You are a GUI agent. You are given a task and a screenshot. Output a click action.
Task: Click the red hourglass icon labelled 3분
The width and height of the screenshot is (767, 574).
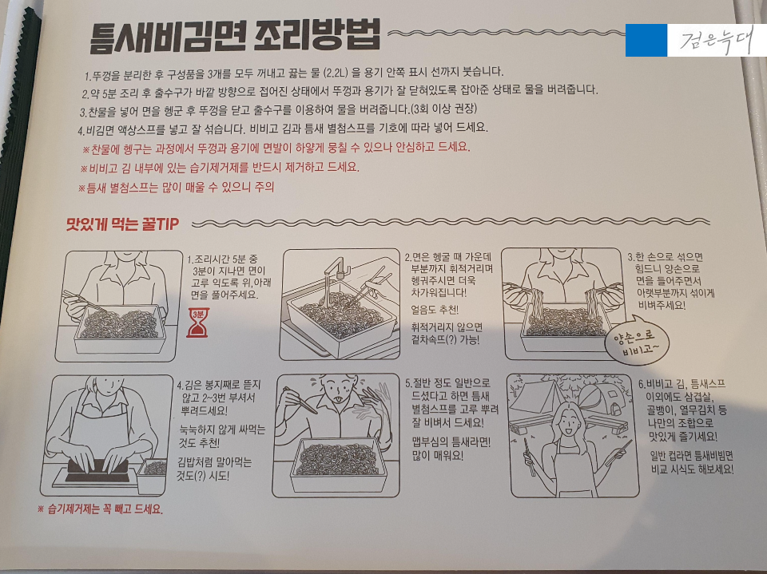coord(198,323)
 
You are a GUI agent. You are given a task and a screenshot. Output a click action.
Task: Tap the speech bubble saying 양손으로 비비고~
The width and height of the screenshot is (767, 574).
coord(635,341)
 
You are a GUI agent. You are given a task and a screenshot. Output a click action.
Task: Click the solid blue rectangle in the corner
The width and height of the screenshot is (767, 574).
coord(646,40)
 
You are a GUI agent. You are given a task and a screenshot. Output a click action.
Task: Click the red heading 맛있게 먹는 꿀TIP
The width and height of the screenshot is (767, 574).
coord(123,224)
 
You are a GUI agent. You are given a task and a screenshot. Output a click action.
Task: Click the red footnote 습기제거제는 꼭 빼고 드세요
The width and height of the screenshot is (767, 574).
coord(101,509)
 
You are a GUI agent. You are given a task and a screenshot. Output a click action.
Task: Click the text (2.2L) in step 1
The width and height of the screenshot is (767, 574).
coord(335,73)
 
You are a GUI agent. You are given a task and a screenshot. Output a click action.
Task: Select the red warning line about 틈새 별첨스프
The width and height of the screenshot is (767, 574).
coord(176,188)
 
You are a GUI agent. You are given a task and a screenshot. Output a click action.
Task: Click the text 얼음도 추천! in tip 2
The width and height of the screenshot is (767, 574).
coord(435,310)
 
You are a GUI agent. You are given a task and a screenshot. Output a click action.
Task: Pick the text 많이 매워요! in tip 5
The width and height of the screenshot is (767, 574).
coord(438,456)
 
